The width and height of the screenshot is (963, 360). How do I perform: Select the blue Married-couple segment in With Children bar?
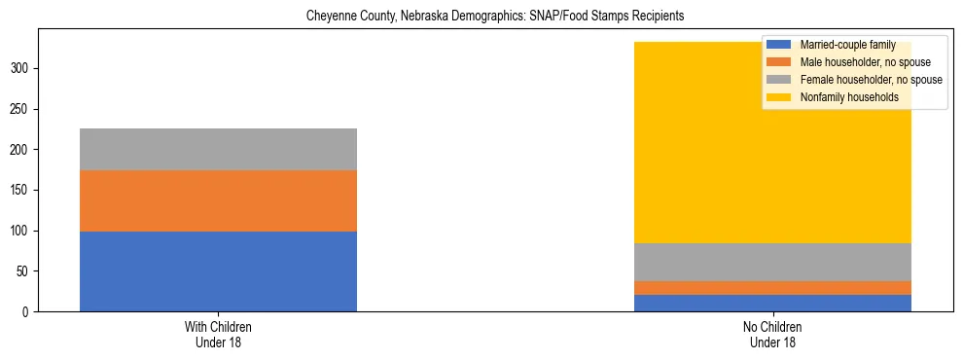coord(218,271)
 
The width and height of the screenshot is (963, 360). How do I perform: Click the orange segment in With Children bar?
coord(218,200)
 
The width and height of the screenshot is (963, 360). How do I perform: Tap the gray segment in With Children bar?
coord(218,149)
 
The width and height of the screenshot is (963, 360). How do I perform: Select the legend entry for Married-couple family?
coord(846,45)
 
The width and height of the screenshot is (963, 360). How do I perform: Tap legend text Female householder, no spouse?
coord(870,80)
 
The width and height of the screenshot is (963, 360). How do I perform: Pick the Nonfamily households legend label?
coord(848,97)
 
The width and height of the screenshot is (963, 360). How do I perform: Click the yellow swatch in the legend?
coord(779,97)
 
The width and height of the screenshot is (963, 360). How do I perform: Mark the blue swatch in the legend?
coord(779,45)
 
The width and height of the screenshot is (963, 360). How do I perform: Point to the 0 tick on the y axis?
coord(28,311)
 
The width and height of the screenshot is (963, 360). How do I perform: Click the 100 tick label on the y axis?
coord(21,231)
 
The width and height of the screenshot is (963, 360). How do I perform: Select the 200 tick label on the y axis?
coord(21,150)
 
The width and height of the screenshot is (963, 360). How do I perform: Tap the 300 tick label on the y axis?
coord(21,68)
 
